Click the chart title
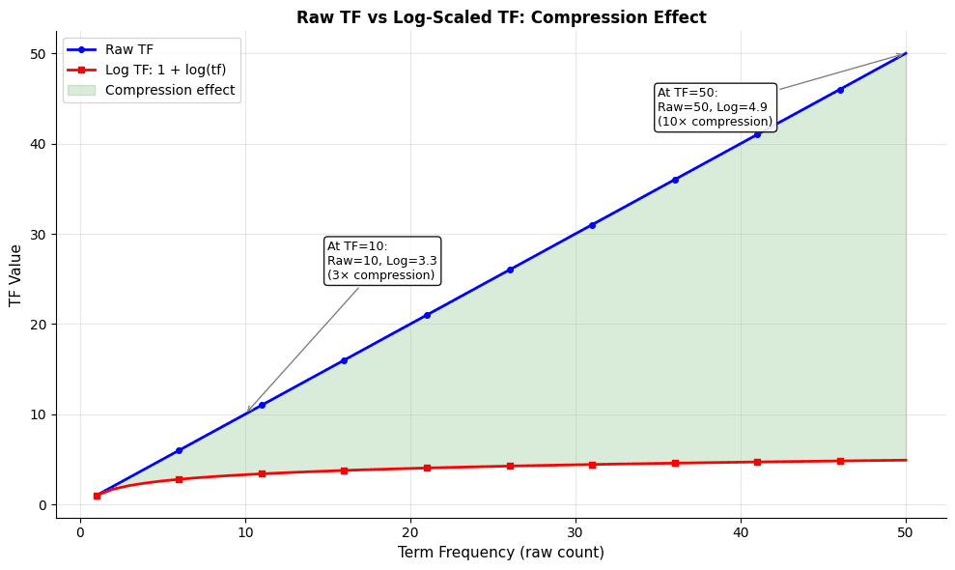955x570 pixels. [x=501, y=17]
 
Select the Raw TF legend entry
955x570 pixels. [x=128, y=49]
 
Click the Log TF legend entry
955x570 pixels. [x=165, y=70]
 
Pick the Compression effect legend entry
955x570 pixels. [x=169, y=90]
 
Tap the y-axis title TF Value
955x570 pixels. [x=16, y=275]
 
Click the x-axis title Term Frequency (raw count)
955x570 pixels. [x=501, y=553]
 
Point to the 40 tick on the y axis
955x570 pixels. [x=39, y=144]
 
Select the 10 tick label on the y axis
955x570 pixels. [x=39, y=414]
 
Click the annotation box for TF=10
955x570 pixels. [x=382, y=261]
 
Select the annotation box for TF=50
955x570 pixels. [x=716, y=107]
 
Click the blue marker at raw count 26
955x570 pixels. [x=510, y=270]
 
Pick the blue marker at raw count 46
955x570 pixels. [x=840, y=90]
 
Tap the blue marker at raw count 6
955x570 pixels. [x=179, y=450]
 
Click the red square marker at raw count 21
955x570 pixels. [x=427, y=468]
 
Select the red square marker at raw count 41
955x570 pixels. [x=757, y=462]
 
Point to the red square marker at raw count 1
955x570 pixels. [x=97, y=496]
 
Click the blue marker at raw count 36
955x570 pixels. [x=675, y=180]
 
